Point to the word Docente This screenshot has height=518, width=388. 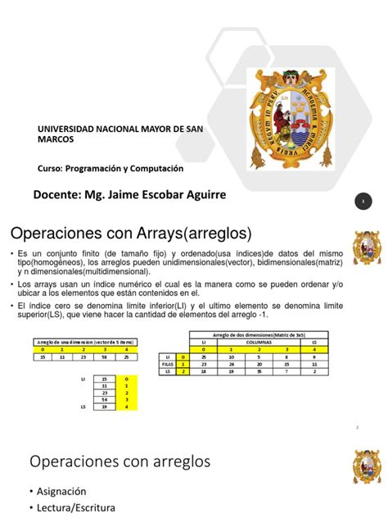tap(61, 195)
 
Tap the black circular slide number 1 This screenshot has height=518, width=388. tap(362, 202)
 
